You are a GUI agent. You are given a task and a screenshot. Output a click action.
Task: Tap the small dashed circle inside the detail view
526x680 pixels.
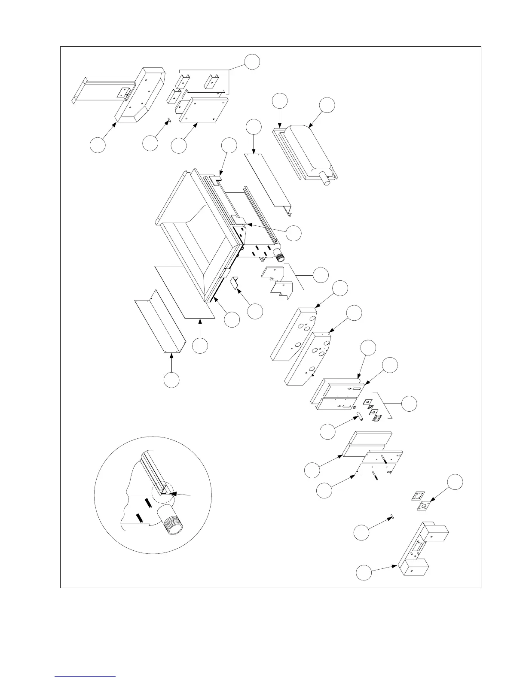(x=162, y=493)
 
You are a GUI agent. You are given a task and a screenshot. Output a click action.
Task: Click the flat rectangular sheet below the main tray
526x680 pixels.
(x=185, y=292)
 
